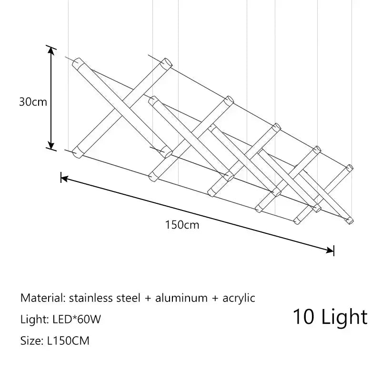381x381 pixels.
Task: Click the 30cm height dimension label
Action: (33, 101)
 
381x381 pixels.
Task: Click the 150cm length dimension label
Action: (182, 225)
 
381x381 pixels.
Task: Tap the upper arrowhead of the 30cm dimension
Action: (51, 50)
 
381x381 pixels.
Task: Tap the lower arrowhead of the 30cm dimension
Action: (51, 145)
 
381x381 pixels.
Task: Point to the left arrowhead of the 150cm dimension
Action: (64, 179)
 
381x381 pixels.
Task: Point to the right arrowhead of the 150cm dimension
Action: (330, 250)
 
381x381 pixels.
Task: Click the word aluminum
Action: (181, 298)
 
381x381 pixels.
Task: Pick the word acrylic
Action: (239, 299)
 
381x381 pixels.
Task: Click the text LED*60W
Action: (77, 319)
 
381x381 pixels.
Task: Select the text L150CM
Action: (68, 341)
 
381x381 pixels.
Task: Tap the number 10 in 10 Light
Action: (303, 317)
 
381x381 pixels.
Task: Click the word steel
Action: (129, 298)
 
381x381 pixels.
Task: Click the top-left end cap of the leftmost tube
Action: (77, 62)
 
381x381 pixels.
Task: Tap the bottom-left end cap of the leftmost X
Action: (77, 153)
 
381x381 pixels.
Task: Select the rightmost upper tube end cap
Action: (350, 168)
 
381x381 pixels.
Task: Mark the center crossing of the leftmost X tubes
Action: (122, 108)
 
